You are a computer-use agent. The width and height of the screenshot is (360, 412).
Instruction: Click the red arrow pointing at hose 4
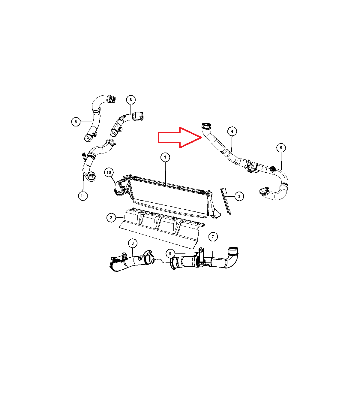[180, 138]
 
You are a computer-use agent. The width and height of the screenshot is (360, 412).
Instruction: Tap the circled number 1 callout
[165, 157]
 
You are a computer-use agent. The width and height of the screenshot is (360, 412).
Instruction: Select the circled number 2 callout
[111, 218]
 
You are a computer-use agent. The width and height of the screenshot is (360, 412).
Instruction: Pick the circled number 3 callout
[239, 196]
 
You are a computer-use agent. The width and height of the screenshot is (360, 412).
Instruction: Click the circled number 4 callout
[232, 131]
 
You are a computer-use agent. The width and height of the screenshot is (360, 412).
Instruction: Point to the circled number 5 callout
[281, 148]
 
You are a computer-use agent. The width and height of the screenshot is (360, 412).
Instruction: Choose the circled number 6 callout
[76, 122]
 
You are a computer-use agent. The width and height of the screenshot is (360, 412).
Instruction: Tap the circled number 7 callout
[213, 237]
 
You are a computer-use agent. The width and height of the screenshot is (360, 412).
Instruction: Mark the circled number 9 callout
[170, 253]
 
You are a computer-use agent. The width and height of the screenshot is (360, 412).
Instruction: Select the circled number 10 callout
[109, 172]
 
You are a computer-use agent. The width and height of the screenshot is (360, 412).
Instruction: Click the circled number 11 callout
[83, 196]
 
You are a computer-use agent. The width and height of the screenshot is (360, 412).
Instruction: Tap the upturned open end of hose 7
[233, 251]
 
